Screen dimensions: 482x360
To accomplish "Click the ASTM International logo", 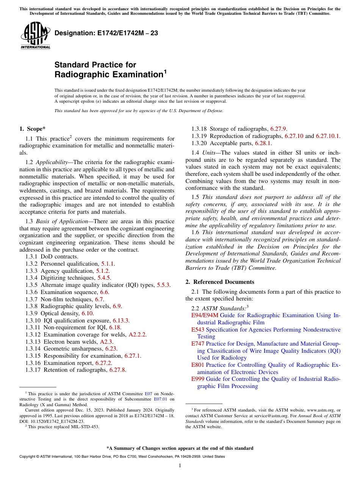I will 35,36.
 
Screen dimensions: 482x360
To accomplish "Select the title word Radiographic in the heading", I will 108,75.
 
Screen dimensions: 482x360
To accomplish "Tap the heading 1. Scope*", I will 33,129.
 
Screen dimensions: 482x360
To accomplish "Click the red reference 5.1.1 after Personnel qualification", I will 108,264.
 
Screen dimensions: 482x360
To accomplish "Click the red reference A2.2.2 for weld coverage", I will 138,335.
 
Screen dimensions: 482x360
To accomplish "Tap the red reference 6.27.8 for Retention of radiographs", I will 117,370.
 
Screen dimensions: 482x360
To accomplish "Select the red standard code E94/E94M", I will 205,315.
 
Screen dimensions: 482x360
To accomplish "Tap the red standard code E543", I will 198,330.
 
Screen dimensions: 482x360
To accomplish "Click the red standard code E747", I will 198,344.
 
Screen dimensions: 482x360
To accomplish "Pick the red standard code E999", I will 198,379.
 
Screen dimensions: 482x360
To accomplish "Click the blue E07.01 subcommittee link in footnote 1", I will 160,399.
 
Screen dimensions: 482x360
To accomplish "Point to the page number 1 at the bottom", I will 180,466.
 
